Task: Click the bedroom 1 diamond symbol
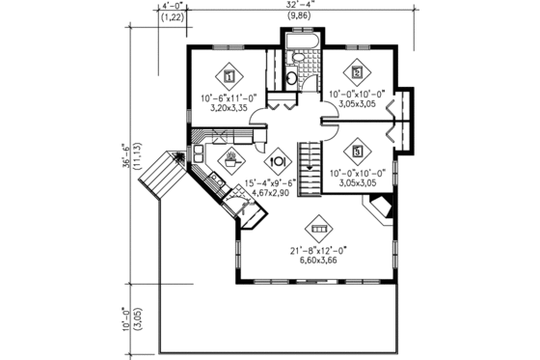[x=229, y=74]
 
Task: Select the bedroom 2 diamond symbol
[x=357, y=71]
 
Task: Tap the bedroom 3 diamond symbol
[x=357, y=151]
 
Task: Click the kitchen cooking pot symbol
[x=233, y=157]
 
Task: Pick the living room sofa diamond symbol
[x=316, y=230]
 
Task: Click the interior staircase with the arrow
[x=310, y=166]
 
